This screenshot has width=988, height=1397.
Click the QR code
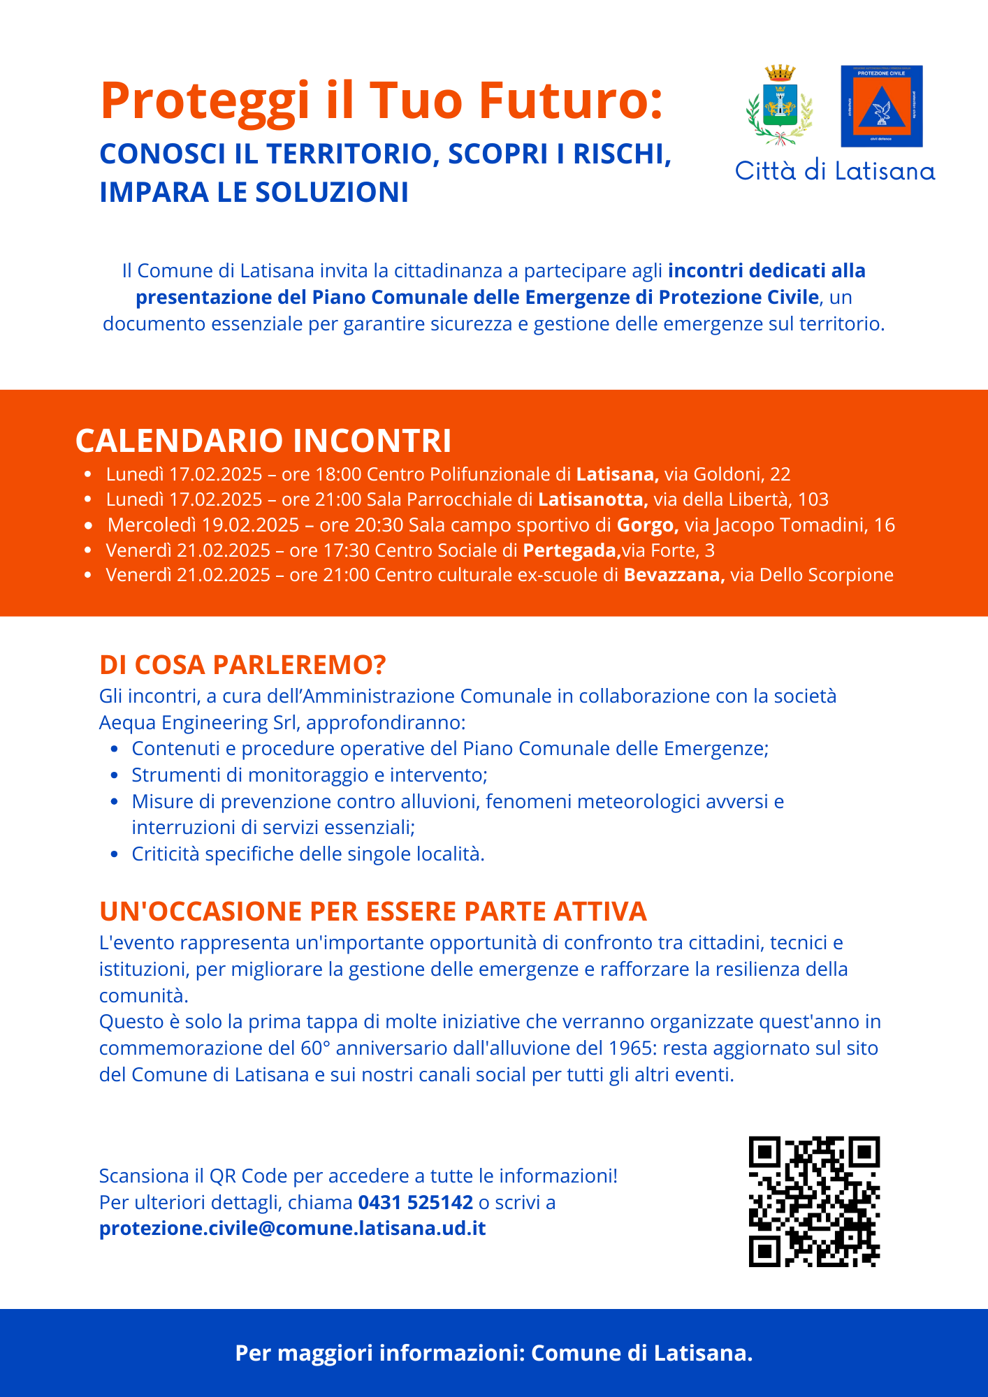coord(814,1201)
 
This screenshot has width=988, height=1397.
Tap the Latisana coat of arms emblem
coord(780,105)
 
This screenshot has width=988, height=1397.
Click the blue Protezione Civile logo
coord(881,106)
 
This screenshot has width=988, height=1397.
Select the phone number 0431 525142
coord(415,1202)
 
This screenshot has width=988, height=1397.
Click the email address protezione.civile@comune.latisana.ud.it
coord(292,1228)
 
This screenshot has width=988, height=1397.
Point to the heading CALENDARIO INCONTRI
coord(263,441)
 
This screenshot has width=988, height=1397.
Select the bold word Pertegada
coord(572,550)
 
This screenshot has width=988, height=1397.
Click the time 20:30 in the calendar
coord(379,525)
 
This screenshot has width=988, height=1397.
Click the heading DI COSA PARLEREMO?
coord(242,665)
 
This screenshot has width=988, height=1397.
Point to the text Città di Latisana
coord(834,171)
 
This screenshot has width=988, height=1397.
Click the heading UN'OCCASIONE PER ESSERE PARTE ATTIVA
coord(373,912)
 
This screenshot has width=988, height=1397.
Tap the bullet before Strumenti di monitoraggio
coord(115,775)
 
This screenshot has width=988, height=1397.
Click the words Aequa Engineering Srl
coord(198,722)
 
